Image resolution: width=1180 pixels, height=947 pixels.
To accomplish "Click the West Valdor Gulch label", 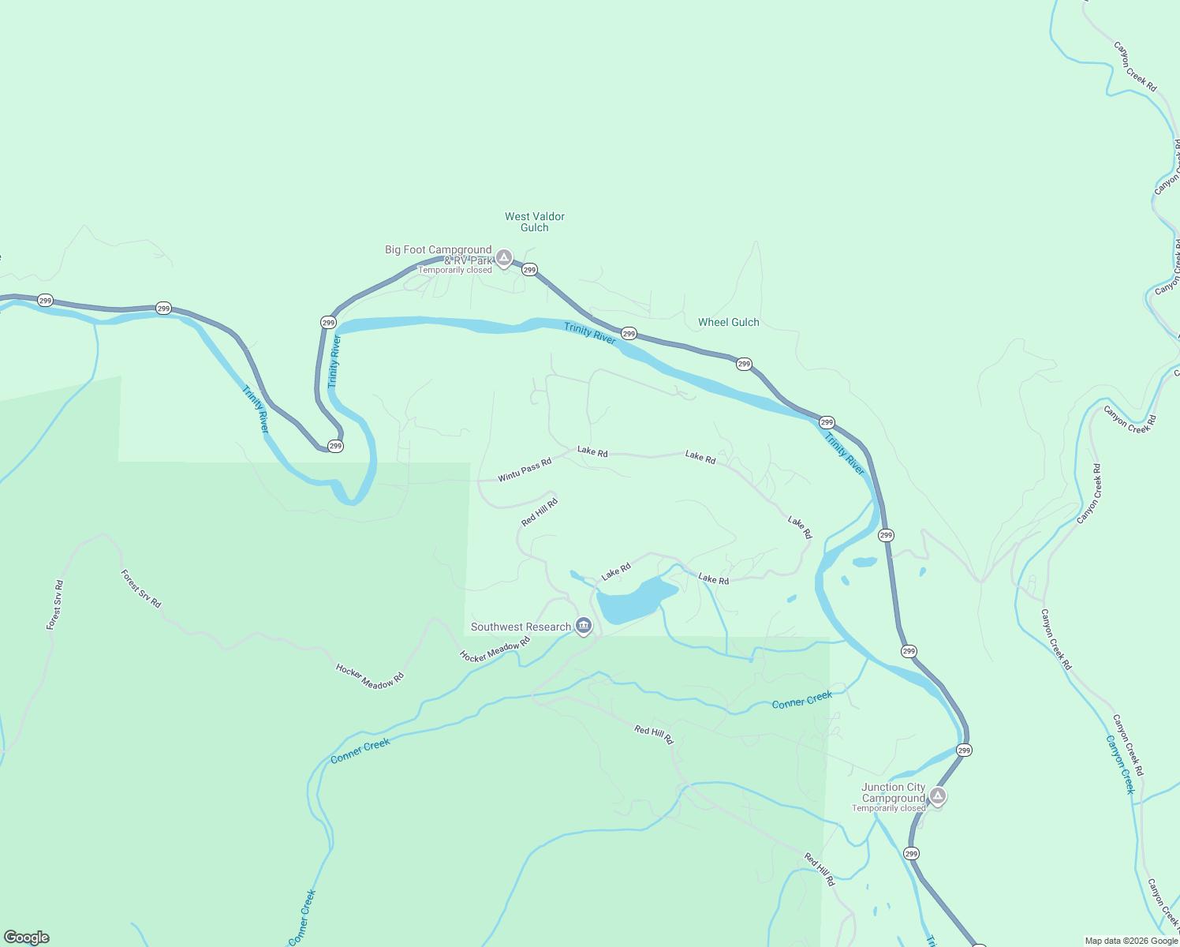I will tap(535, 222).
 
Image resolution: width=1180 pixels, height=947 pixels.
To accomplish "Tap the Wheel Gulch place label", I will tap(728, 322).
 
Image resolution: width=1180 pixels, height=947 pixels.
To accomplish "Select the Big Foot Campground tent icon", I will tap(504, 257).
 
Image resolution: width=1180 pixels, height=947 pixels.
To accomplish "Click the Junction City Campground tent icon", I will tap(937, 795).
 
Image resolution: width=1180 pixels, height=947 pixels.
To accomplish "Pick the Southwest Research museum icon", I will tap(584, 626).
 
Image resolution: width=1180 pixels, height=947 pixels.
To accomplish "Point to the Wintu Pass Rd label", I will tap(525, 470).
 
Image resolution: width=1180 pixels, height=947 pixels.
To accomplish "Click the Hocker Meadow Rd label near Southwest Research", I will tap(495, 650).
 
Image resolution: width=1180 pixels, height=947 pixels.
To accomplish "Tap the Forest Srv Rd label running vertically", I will tap(54, 605).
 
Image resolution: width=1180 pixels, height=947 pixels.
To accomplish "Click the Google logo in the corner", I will tap(27, 938).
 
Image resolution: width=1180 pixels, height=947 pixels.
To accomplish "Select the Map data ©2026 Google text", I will tap(1130, 941).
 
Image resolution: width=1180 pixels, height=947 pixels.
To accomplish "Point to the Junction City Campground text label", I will tap(893, 792).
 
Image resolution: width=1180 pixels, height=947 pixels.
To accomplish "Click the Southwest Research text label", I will tap(521, 627).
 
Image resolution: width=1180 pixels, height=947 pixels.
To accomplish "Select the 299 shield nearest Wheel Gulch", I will tap(744, 364).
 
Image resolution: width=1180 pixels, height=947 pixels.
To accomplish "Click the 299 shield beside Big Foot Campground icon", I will tap(529, 269).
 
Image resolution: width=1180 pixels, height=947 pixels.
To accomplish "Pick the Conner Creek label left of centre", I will tap(360, 750).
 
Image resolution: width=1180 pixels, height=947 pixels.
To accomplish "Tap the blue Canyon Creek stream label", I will tap(1119, 764).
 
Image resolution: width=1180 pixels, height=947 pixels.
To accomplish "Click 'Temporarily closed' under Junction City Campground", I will tap(888, 808).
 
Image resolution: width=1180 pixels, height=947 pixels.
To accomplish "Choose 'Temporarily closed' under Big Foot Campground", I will tap(455, 270).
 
